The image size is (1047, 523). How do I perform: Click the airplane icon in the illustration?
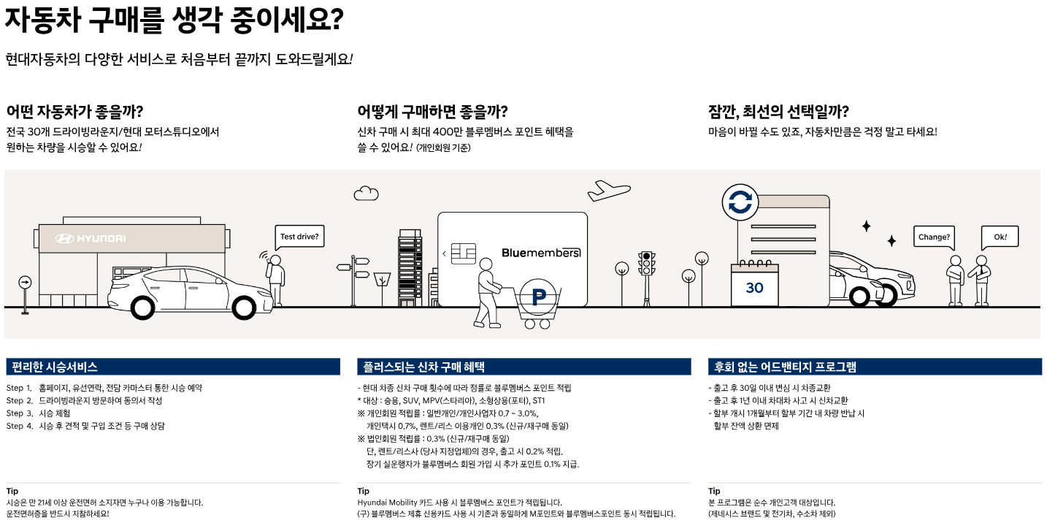[609, 190]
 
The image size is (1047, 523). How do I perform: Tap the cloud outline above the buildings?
[366, 193]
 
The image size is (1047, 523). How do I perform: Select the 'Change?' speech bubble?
[934, 237]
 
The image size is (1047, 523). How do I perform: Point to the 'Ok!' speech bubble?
[1000, 237]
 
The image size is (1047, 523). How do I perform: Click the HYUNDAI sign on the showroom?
[91, 239]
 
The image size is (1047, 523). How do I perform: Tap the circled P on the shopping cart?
[540, 297]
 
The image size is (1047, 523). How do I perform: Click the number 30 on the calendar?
[754, 288]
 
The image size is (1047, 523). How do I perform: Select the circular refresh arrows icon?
[740, 203]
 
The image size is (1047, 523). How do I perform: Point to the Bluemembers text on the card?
[541, 253]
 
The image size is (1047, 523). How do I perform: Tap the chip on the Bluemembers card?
[463, 253]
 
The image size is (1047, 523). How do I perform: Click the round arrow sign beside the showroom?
[26, 282]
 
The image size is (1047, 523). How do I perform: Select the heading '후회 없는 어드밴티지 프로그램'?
[785, 367]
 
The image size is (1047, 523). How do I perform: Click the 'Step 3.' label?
[20, 413]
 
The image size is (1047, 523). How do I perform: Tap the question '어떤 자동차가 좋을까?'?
[74, 112]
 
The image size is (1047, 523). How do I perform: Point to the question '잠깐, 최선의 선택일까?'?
[778, 112]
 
